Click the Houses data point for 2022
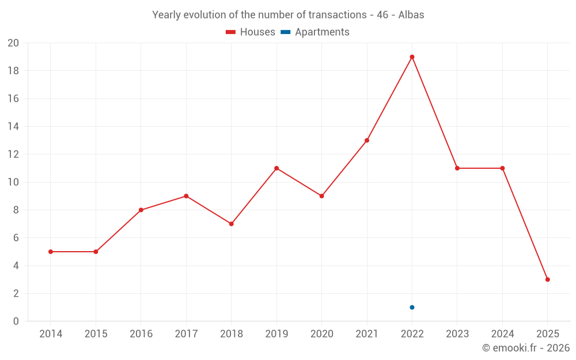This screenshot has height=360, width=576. (412, 57)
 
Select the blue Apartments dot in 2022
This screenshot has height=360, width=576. (412, 307)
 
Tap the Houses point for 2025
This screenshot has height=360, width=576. (547, 279)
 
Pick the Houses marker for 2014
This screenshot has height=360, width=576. (51, 252)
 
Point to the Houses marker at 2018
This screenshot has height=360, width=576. (231, 223)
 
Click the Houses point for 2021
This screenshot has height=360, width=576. (367, 141)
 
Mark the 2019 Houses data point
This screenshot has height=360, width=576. (276, 168)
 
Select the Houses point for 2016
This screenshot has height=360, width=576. (141, 210)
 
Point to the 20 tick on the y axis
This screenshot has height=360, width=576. (13, 43)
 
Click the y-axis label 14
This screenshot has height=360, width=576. (13, 127)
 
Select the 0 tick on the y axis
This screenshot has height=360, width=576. (16, 321)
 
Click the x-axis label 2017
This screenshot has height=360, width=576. (186, 334)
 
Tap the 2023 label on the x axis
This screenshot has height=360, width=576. (457, 334)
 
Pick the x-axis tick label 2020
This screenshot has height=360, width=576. (321, 334)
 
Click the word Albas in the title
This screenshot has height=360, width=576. (411, 15)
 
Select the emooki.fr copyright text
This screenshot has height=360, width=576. (526, 348)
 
